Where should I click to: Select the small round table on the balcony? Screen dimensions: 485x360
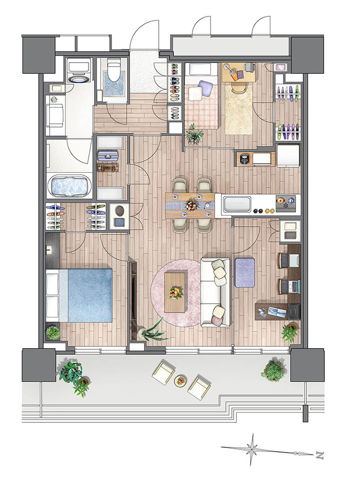click(x=180, y=381)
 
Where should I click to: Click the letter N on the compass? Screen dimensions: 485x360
click(x=319, y=455)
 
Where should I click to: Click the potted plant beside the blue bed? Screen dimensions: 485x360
click(x=53, y=333)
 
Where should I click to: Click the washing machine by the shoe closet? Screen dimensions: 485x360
click(x=118, y=216)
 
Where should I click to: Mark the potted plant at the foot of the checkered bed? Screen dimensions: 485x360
click(x=194, y=133)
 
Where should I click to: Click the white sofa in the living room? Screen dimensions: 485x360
click(x=215, y=292)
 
